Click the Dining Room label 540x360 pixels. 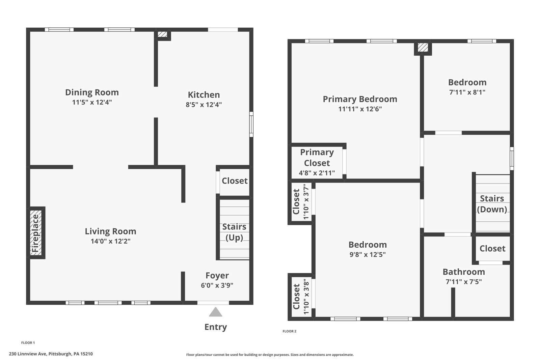tap(92, 92)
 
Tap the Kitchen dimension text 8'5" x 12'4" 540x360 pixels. tap(204, 105)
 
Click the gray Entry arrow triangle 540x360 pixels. tap(215, 312)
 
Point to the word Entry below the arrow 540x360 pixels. tap(215, 327)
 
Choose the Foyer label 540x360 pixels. tap(217, 276)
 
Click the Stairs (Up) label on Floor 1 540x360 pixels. tap(234, 232)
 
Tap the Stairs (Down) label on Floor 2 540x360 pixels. tap(492, 204)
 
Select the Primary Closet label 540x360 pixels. tap(317, 158)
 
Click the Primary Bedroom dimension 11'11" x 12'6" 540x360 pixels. tap(360, 109)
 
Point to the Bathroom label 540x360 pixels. tap(463, 272)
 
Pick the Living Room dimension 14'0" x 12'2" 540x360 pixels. tap(110, 241)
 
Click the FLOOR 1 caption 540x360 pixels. tap(28, 343)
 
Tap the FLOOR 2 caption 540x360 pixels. tap(289, 331)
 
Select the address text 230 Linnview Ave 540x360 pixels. tap(51, 354)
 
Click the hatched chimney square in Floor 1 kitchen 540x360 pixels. tap(163, 34)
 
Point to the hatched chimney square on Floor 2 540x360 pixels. tap(423, 48)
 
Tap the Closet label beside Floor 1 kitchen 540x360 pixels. tap(235, 181)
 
